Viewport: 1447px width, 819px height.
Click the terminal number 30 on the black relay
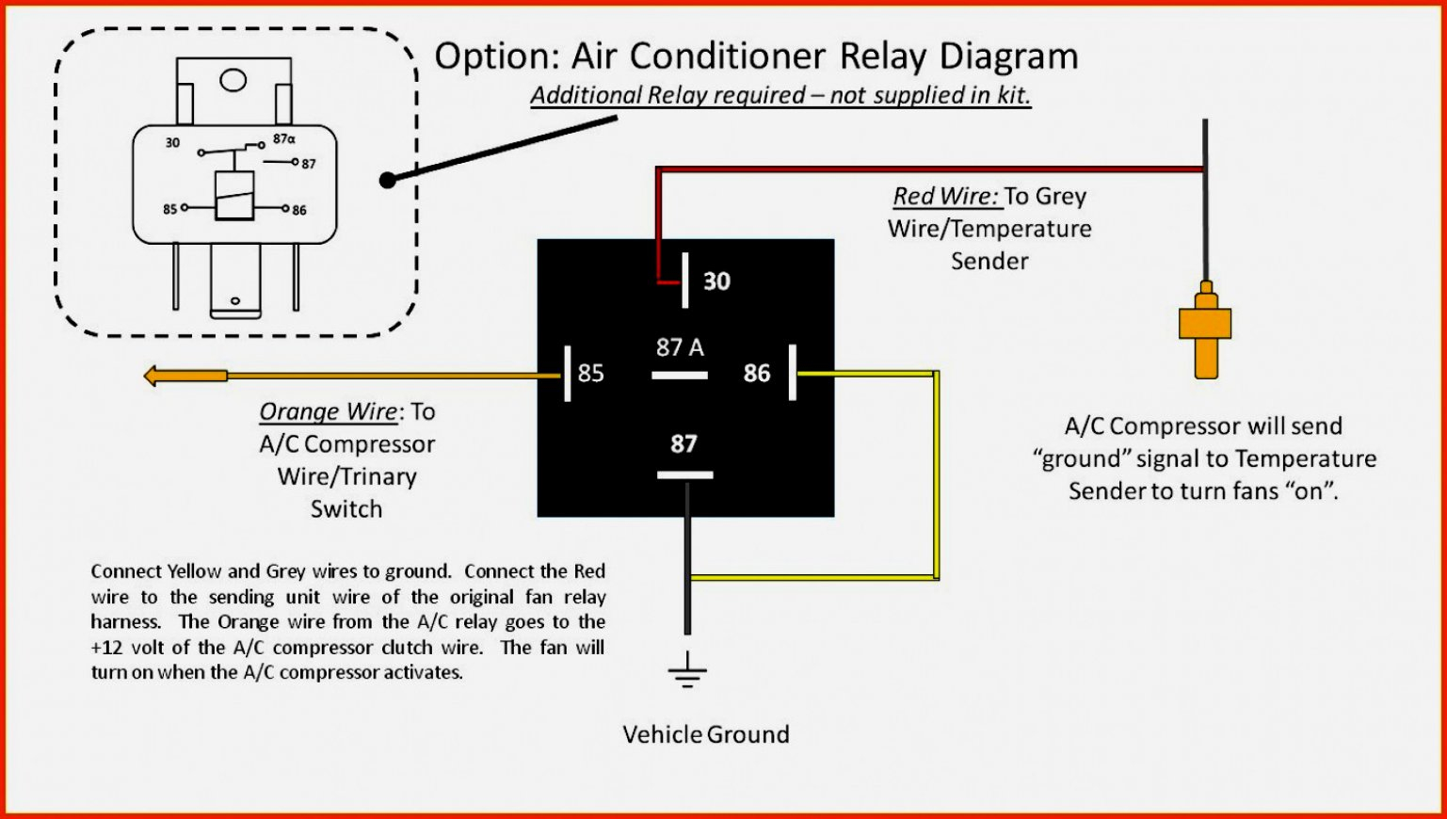(x=716, y=281)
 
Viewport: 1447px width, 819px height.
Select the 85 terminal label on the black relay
(x=590, y=374)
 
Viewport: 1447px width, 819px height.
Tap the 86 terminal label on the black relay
(x=757, y=374)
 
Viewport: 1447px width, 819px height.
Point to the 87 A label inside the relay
(x=680, y=347)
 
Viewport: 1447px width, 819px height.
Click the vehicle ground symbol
(x=687, y=670)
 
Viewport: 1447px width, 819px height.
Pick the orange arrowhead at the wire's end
(x=154, y=377)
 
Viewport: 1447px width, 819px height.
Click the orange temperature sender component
(x=1205, y=329)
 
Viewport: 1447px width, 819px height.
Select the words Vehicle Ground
(x=706, y=734)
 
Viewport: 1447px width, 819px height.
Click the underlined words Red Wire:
(x=945, y=197)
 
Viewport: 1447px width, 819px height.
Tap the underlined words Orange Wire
(x=329, y=412)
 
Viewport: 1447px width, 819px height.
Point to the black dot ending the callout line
(x=387, y=180)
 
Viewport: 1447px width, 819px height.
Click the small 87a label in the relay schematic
(x=283, y=139)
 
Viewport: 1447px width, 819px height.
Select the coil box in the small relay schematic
(x=234, y=197)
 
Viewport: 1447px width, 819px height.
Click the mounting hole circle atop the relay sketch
(x=233, y=80)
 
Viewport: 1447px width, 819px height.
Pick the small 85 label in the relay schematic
(x=169, y=209)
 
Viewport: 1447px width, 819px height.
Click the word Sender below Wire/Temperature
(x=989, y=261)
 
